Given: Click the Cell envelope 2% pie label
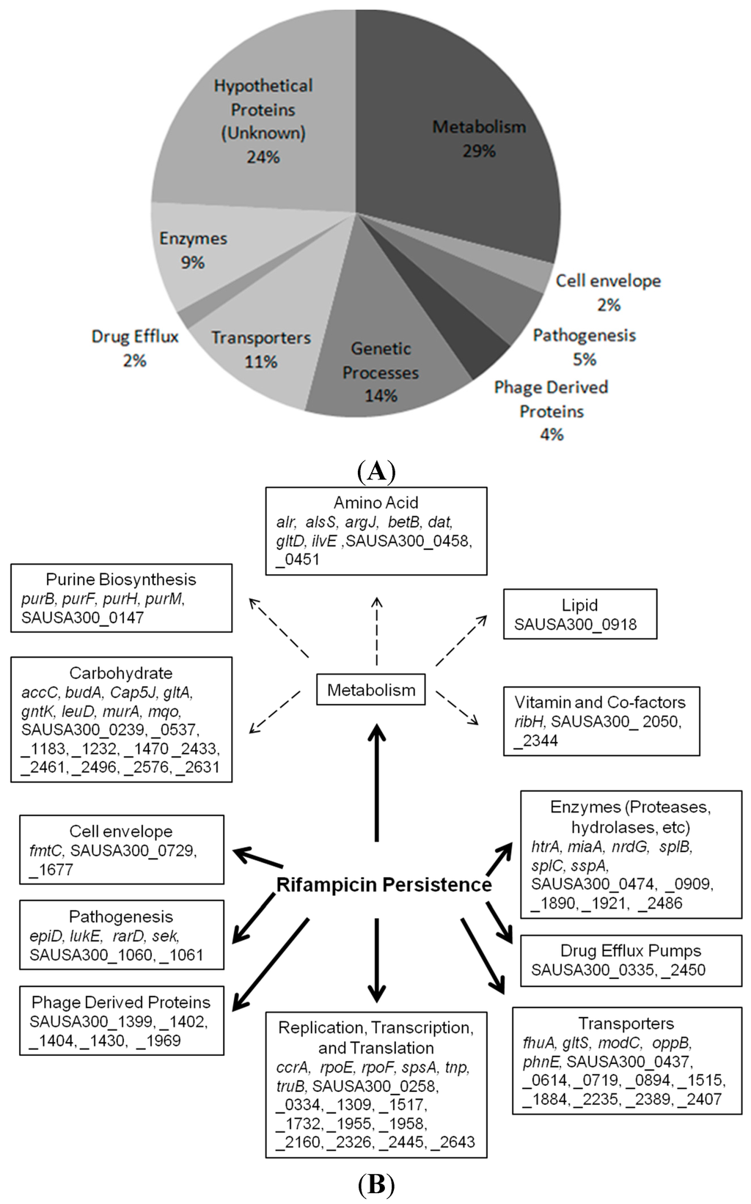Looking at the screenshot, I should pyautogui.click(x=608, y=292).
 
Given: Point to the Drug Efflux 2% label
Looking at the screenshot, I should pyautogui.click(x=135, y=348).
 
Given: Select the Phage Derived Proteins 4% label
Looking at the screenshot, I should pyautogui.click(x=551, y=410).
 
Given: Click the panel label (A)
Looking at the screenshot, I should pyautogui.click(x=376, y=470).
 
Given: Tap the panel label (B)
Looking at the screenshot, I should pyautogui.click(x=376, y=1184).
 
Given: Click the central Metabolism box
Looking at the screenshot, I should pyautogui.click(x=371, y=690).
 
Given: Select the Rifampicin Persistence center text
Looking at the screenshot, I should pyautogui.click(x=384, y=885).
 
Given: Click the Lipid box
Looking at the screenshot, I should pyautogui.click(x=579, y=614).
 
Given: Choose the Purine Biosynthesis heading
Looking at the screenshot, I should pyautogui.click(x=121, y=579).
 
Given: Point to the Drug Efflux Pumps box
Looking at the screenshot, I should pyautogui.click(x=631, y=960).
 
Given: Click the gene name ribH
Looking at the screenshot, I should pyautogui.click(x=528, y=722).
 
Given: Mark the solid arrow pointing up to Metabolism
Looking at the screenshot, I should pyautogui.click(x=377, y=782).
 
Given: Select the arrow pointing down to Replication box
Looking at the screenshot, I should pyautogui.click(x=376, y=961).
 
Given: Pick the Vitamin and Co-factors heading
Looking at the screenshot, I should pyautogui.click(x=600, y=702).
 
